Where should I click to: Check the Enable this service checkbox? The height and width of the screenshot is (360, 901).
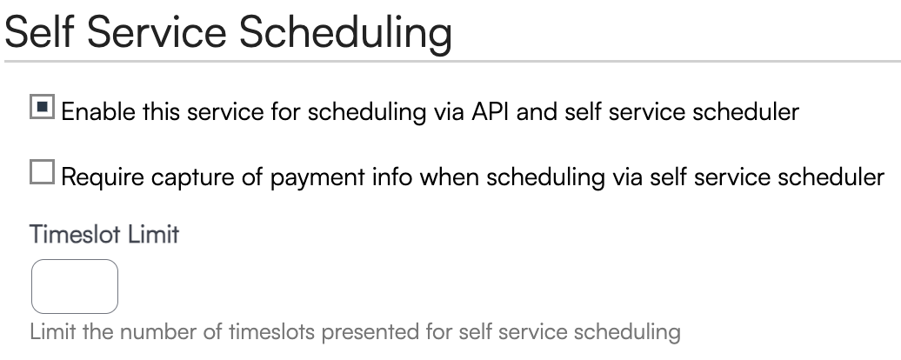42,107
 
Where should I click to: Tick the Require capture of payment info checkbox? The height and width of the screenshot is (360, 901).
42,172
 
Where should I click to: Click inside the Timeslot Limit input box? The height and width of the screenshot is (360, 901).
75,286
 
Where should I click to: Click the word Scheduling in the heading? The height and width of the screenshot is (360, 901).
345,33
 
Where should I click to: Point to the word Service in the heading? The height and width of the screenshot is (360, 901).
157,32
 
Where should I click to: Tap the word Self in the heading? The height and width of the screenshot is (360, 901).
39,32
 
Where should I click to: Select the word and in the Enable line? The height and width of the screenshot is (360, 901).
537,111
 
